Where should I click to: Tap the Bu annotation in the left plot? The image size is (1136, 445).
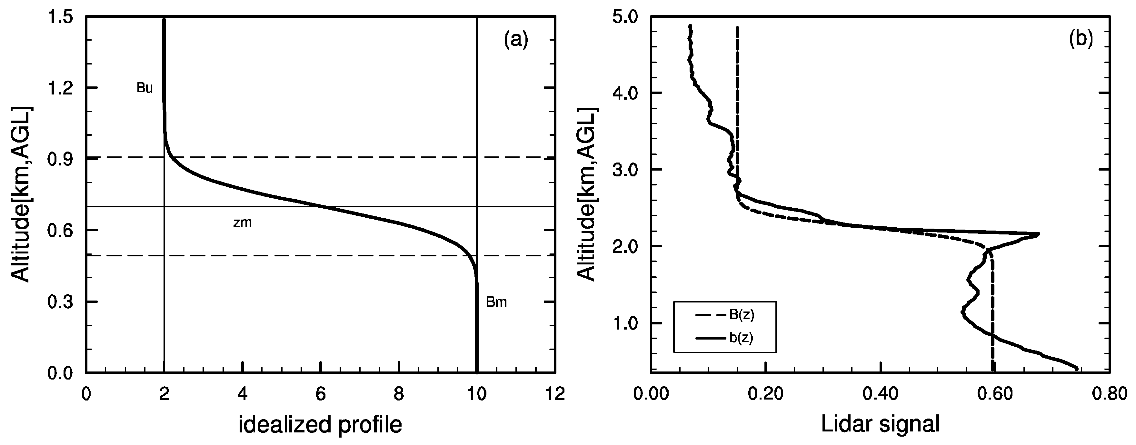click(x=144, y=88)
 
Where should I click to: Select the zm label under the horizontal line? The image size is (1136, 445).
click(x=242, y=223)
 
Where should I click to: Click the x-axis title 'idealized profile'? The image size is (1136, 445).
click(x=320, y=425)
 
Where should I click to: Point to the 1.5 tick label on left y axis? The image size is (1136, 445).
click(x=61, y=18)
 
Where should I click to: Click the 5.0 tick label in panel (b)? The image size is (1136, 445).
click(x=625, y=18)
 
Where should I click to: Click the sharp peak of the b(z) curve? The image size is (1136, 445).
click(x=1039, y=234)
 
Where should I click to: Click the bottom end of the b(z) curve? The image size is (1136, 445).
click(x=1076, y=368)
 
